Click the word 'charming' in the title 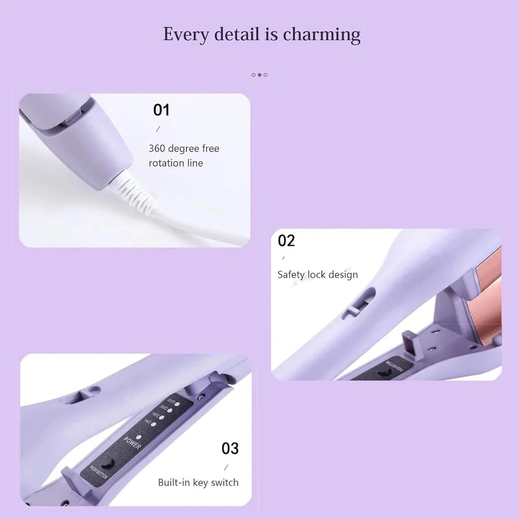click(321, 34)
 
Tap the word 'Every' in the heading click(185, 34)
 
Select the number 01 click(161, 110)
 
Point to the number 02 click(286, 240)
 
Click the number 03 click(230, 448)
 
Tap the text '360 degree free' click(184, 148)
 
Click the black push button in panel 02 click(384, 371)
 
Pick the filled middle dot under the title click(259, 75)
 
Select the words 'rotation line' click(176, 163)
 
